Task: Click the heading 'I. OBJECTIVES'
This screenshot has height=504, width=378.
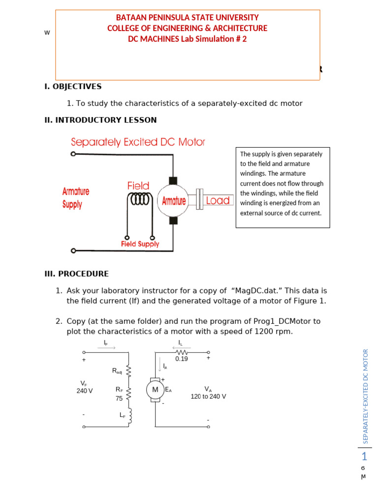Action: click(73, 87)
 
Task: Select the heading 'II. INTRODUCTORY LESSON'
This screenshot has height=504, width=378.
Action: click(100, 120)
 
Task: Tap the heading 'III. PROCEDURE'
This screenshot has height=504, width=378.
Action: click(76, 274)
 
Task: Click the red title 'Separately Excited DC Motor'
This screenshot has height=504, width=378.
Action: click(138, 142)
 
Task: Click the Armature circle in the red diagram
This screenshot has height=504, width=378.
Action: click(173, 201)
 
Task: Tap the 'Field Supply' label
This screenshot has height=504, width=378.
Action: click(140, 244)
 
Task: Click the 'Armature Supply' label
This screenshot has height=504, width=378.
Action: click(76, 198)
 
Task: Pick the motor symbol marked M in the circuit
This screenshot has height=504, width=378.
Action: click(155, 390)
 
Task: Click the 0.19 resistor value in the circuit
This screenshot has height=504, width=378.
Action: click(182, 359)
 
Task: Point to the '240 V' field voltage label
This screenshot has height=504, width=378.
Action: click(85, 391)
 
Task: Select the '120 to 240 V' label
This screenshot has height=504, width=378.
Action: click(208, 396)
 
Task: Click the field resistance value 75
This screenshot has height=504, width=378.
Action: click(119, 399)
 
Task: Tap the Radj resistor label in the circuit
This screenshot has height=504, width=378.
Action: click(117, 371)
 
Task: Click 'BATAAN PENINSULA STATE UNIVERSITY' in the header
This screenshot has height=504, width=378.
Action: click(187, 18)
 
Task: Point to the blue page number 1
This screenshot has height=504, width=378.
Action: click(364, 456)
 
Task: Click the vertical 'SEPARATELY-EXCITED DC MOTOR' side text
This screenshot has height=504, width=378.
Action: click(365, 396)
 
